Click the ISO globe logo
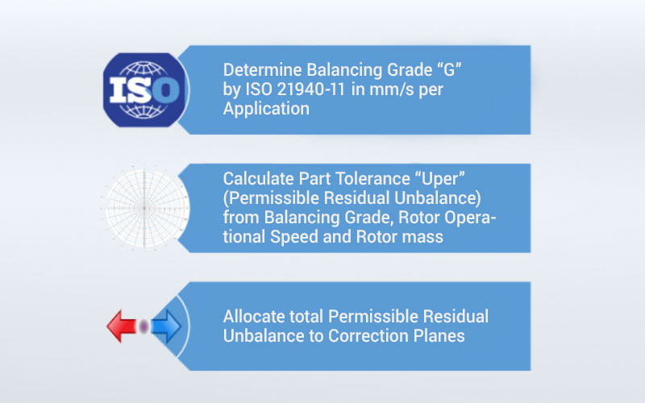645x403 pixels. [144, 89]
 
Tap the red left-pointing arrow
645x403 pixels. [122, 326]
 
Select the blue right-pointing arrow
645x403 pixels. [166, 326]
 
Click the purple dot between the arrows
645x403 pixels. [144, 326]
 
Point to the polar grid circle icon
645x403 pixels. [144, 208]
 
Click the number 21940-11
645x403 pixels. [311, 89]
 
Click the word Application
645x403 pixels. [266, 110]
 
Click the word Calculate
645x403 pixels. [258, 179]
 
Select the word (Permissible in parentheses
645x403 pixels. [271, 198]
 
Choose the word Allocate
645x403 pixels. [254, 317]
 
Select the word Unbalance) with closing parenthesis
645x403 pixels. [438, 198]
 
